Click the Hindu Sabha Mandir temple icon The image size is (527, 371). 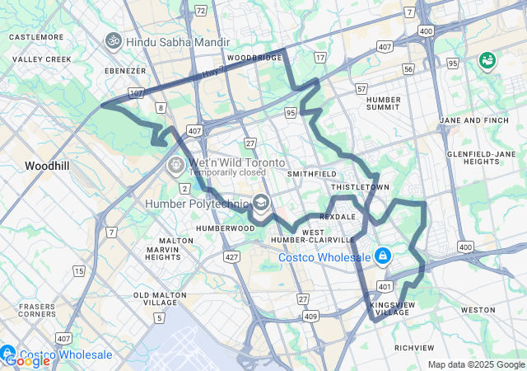tap(113, 40)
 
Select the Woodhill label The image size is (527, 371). tap(48, 166)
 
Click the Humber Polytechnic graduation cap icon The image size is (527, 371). tap(261, 203)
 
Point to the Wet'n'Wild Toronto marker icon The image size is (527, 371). tap(175, 165)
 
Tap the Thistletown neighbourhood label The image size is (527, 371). tap(359, 188)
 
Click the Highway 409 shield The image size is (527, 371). tap(310, 316)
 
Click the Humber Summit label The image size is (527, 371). tap(382, 102)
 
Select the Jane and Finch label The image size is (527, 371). tap(473, 120)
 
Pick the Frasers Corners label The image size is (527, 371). tap(38, 310)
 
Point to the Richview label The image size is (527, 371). tap(414, 347)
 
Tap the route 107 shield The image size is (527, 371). tap(136, 93)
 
